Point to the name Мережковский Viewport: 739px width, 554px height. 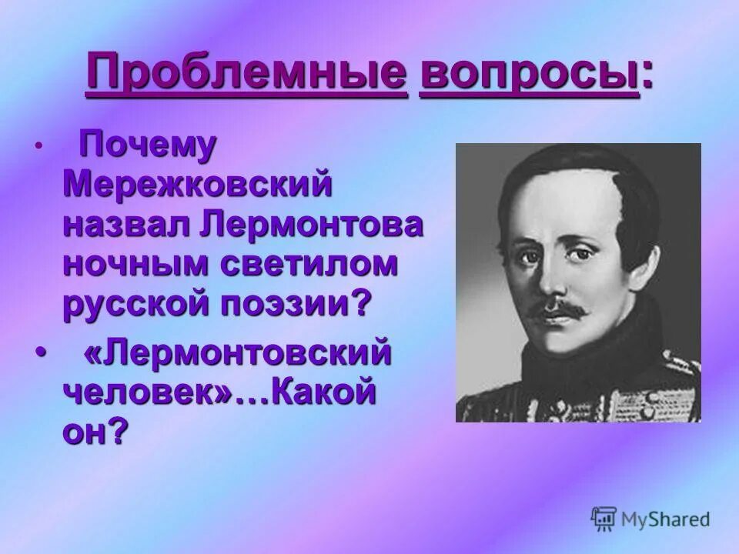[x=198, y=184]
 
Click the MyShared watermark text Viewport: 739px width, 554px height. [x=665, y=519]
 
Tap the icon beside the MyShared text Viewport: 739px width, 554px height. [x=604, y=518]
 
